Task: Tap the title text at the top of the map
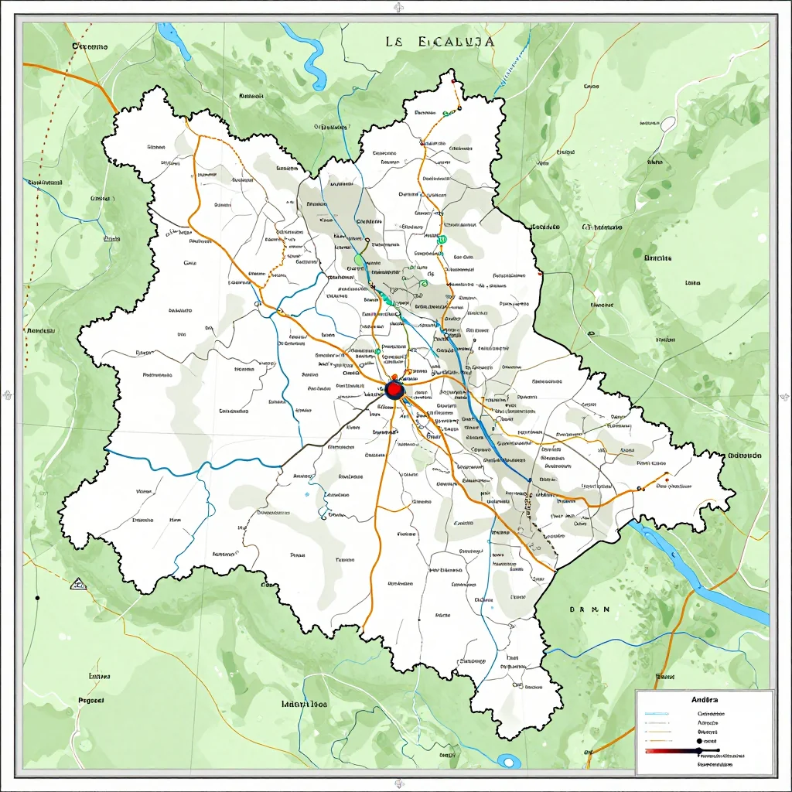pos(439,42)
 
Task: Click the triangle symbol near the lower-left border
pos(77,584)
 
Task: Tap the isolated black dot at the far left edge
pos(36,597)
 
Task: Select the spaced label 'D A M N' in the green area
pos(589,609)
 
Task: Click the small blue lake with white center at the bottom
pos(508,761)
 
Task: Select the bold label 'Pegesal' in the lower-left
pos(91,699)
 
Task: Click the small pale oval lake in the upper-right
pos(667,123)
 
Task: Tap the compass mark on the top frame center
pos(398,9)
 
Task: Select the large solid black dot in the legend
pos(700,740)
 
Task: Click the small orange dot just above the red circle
pos(394,377)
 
